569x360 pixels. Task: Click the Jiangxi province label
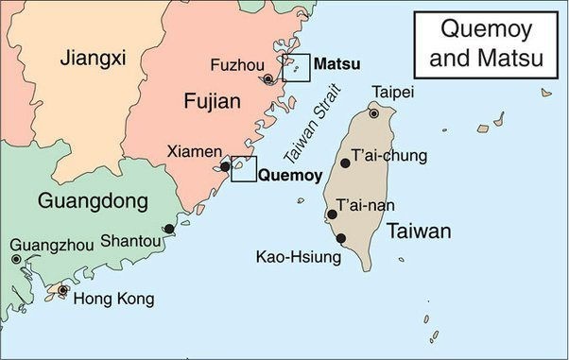pyautogui.click(x=93, y=59)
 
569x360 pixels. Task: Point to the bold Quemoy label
pyautogui.click(x=290, y=175)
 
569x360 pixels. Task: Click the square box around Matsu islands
pyautogui.click(x=296, y=68)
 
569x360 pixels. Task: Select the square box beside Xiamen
pyautogui.click(x=244, y=168)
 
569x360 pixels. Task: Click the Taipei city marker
pyautogui.click(x=374, y=112)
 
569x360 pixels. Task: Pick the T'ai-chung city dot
pyautogui.click(x=345, y=163)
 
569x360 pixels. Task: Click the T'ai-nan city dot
pyautogui.click(x=332, y=214)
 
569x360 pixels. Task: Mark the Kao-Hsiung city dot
pyautogui.click(x=340, y=238)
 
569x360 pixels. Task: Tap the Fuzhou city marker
pyautogui.click(x=268, y=79)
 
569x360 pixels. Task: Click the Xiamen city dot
pyautogui.click(x=225, y=167)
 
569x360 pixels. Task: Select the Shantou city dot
pyautogui.click(x=169, y=229)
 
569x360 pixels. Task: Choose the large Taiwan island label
pyautogui.click(x=417, y=231)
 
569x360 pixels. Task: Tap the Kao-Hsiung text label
pyautogui.click(x=297, y=255)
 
